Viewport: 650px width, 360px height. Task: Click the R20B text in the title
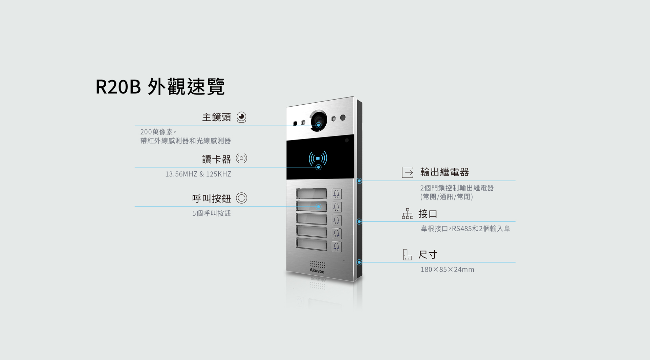click(118, 87)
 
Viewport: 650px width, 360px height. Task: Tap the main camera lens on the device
click(319, 121)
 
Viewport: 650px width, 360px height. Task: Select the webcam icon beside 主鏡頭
click(241, 117)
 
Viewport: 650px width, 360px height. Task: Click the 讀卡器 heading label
click(216, 159)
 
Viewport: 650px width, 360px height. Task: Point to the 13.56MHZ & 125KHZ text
click(198, 174)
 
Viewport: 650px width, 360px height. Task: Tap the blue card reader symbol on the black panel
click(318, 158)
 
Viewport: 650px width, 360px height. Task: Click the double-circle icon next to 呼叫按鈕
click(241, 198)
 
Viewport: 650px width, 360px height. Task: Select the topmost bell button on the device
click(337, 194)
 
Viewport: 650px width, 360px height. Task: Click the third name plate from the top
click(311, 219)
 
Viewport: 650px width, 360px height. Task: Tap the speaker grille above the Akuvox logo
click(318, 264)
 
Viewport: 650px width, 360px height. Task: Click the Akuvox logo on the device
click(317, 271)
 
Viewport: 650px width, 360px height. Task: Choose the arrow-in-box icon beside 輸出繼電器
click(408, 172)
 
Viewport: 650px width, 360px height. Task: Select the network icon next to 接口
click(408, 214)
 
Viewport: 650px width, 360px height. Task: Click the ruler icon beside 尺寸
click(407, 255)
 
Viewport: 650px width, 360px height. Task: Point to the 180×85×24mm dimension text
click(447, 270)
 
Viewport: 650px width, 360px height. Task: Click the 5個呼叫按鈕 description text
click(212, 213)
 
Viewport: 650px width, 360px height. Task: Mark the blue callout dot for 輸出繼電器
click(360, 181)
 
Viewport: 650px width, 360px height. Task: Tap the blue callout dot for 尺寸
click(360, 262)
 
